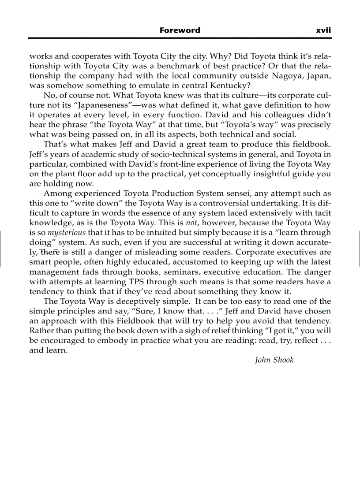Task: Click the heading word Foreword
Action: [x=180, y=30]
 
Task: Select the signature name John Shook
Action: [x=274, y=360]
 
